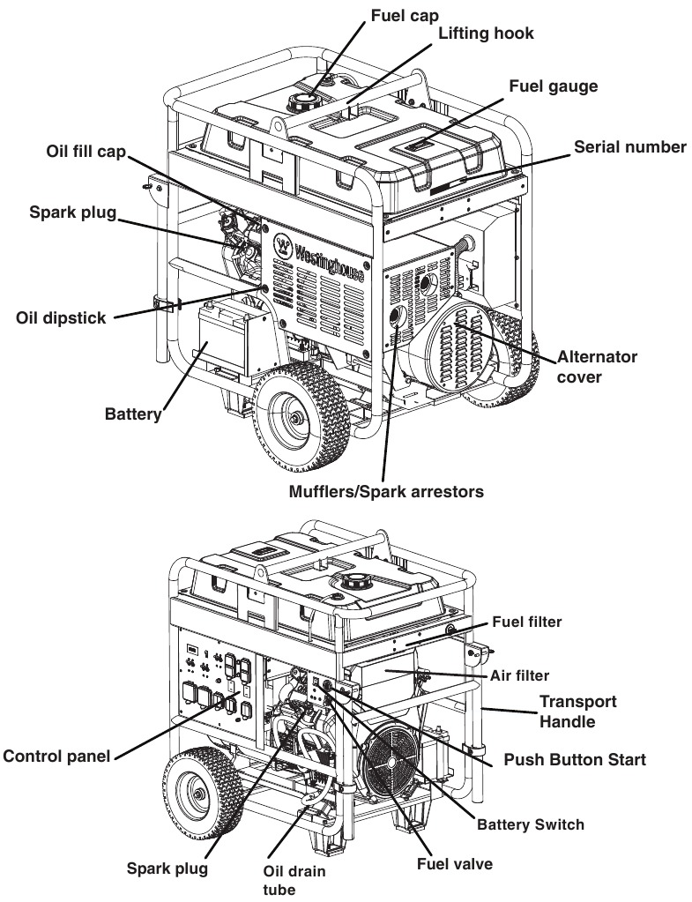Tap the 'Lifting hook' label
tap(486, 34)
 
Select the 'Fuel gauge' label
tap(554, 86)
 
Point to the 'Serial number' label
tap(629, 147)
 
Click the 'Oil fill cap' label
tap(86, 152)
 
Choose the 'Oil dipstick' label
tap(60, 317)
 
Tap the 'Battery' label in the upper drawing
tap(133, 413)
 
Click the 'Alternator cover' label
tap(596, 367)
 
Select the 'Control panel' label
tap(58, 756)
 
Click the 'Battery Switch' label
tap(530, 824)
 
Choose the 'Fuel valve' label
tap(456, 863)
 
